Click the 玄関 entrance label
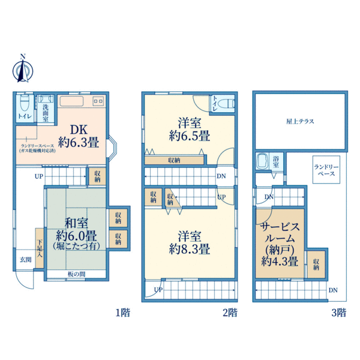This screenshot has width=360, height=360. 25,259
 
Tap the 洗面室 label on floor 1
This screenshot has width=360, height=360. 45,111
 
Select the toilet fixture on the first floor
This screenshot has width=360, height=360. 25,102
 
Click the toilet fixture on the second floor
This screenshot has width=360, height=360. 222,103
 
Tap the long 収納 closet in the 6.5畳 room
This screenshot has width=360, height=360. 173,160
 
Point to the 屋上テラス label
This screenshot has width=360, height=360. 300,121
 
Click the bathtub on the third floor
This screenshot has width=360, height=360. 262,161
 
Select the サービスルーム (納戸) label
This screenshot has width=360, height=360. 280,244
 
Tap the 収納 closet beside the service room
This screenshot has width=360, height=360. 316,263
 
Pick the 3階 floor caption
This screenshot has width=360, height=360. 338,312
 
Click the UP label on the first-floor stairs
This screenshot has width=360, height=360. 38,176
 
